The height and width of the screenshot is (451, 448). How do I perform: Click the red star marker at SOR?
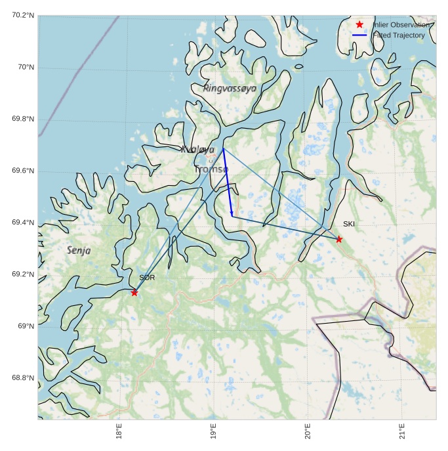[x=134, y=293]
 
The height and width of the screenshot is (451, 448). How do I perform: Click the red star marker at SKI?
[x=339, y=239]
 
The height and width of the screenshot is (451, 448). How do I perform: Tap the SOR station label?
[x=146, y=278]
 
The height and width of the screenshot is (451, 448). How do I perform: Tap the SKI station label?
[x=349, y=225]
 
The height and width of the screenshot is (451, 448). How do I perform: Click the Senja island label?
[x=79, y=250]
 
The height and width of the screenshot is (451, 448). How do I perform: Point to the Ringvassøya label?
[x=230, y=88]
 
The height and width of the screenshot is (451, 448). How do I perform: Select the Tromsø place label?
[x=211, y=169]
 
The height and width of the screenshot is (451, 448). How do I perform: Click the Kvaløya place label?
[x=197, y=150]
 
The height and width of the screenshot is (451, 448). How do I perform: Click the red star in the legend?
[x=359, y=24]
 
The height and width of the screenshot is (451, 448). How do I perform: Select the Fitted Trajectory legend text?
[x=399, y=35]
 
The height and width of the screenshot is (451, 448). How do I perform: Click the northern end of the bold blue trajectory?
[x=223, y=149]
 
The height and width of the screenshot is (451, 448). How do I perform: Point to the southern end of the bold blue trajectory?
[x=232, y=214]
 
